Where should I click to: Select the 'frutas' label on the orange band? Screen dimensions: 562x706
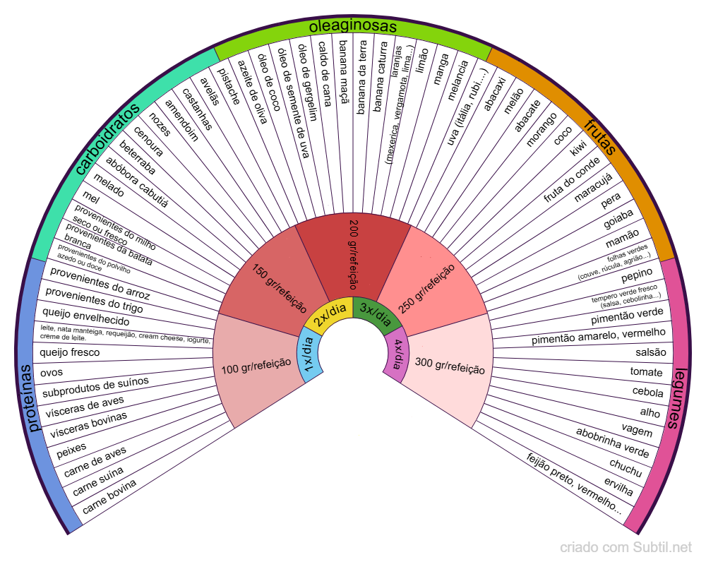click(600, 137)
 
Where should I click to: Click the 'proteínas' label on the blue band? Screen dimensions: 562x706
click(32, 399)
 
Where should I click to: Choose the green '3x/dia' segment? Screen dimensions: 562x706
click(373, 311)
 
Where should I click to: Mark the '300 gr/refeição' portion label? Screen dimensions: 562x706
click(450, 366)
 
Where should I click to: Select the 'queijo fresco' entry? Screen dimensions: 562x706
click(70, 352)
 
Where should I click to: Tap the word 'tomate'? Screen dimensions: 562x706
click(646, 372)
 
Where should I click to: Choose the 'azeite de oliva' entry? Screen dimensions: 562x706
click(251, 92)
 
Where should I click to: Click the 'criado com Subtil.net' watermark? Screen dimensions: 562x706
click(626, 547)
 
